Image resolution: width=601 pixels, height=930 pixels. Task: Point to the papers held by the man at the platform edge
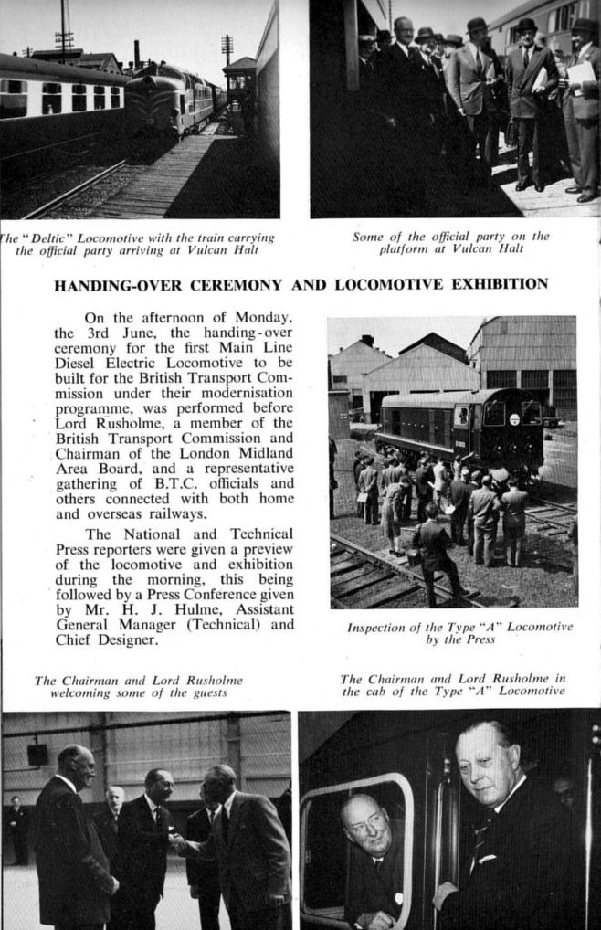[x=581, y=76]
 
